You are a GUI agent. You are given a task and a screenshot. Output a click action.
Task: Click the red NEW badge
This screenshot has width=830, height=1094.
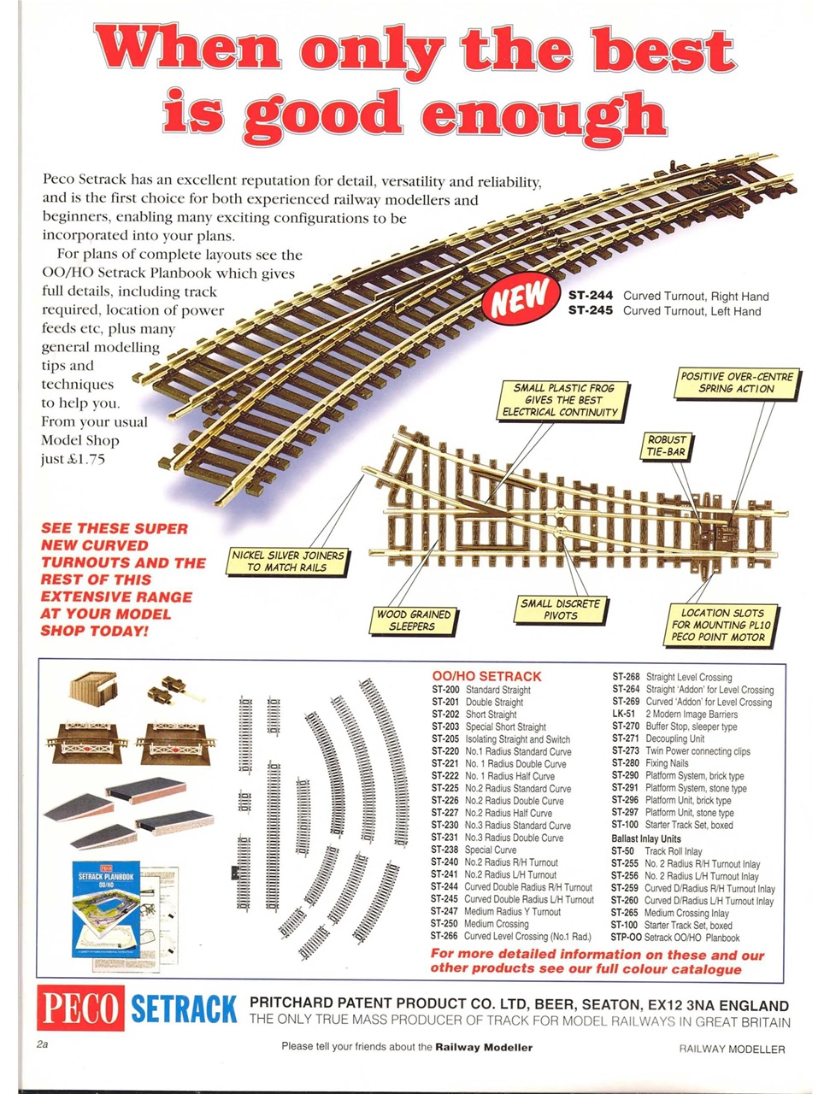[x=518, y=297]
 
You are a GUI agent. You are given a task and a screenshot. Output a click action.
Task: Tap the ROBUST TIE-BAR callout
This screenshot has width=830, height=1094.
[x=667, y=445]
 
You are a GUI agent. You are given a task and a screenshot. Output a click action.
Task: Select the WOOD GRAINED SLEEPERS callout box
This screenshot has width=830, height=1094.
[x=412, y=620]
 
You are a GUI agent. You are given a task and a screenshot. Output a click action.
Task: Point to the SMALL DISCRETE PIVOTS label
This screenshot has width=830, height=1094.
[x=561, y=609]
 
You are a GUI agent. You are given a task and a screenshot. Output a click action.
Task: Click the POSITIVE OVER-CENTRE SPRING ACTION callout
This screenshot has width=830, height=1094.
[x=737, y=382]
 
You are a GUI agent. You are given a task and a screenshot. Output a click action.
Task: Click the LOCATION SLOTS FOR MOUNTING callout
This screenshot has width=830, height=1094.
[x=722, y=625]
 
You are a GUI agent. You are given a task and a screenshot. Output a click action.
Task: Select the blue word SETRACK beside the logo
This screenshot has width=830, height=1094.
[x=184, y=1009]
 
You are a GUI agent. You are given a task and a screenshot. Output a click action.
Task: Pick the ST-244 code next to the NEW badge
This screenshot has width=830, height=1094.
[x=591, y=296]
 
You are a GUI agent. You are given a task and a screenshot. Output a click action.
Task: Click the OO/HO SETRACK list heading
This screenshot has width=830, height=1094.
[x=486, y=676]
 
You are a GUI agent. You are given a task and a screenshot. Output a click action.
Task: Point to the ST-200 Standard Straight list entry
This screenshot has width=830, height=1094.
[x=481, y=690]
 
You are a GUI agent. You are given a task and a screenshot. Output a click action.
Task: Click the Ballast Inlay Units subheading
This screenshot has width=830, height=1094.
[x=645, y=838]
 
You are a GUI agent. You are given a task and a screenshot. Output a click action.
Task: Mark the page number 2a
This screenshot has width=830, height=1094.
[x=43, y=1044]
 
